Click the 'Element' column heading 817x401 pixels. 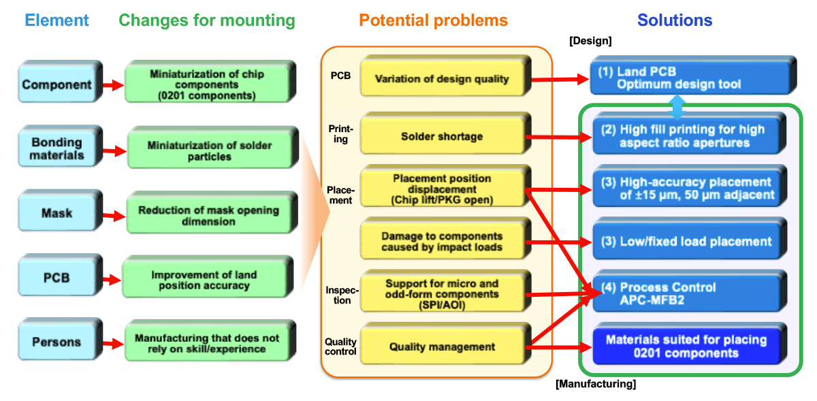coord(57,20)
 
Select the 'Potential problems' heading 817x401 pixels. coord(433,20)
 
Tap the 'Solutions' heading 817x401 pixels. coord(675,20)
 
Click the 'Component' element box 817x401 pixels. coord(57,85)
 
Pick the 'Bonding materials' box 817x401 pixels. coord(57,149)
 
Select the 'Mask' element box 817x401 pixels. coord(57,213)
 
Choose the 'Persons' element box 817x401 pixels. coord(57,342)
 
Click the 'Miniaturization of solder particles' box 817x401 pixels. coord(209,151)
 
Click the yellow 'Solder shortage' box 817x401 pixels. coord(442,137)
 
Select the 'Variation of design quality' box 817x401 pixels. coord(442,79)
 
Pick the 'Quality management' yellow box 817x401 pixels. coord(442,347)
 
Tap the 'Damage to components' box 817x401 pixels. coord(442,241)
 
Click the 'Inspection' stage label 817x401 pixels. coord(342,295)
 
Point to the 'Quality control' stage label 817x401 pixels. coord(340,347)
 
